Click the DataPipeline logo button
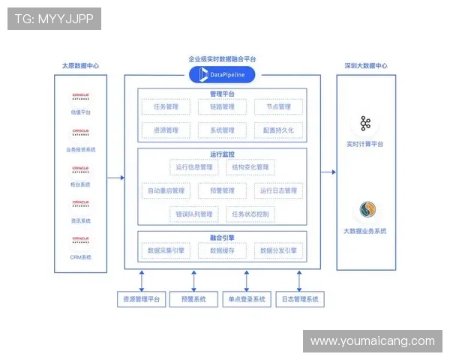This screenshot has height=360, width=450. (222, 74)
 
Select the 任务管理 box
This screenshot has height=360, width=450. (166, 107)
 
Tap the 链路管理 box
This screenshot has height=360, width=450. (222, 107)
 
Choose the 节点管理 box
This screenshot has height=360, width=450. (278, 107)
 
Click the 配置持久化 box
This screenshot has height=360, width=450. (278, 130)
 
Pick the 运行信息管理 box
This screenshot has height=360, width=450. (193, 167)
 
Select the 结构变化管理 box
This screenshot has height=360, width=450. (250, 167)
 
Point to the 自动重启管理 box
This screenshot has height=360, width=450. (166, 190)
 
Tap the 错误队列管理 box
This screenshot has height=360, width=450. (193, 214)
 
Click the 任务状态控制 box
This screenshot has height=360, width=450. (250, 214)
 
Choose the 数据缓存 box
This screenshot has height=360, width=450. (222, 250)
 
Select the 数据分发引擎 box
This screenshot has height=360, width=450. (278, 250)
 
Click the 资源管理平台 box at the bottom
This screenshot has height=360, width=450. (141, 299)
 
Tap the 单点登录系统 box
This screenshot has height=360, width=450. (247, 299)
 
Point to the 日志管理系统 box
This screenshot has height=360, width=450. (300, 299)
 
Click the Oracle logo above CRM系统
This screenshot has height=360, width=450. (80, 240)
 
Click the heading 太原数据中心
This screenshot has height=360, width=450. (80, 66)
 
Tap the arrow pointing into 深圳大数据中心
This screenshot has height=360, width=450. (328, 172)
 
